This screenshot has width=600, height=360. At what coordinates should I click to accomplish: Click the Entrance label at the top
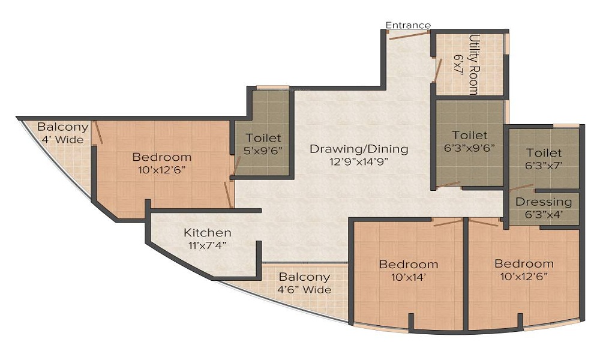(x=408, y=25)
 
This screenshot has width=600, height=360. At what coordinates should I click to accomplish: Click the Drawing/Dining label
(x=359, y=148)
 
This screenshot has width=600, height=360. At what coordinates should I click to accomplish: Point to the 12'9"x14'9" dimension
(x=359, y=161)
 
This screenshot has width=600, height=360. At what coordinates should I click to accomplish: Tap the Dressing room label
(x=544, y=202)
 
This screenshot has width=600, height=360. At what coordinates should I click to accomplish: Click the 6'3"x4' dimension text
(x=544, y=215)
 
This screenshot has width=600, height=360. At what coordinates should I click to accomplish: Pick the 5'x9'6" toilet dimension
(x=263, y=151)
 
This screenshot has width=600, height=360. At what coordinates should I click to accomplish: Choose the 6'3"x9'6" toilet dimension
(x=470, y=148)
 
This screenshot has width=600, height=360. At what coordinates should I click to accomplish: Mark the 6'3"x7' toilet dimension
(x=544, y=165)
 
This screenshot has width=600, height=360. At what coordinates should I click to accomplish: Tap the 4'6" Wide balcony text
(x=305, y=290)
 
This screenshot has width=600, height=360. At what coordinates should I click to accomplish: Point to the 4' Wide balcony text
(x=62, y=140)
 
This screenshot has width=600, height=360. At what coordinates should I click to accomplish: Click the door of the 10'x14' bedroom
(x=448, y=223)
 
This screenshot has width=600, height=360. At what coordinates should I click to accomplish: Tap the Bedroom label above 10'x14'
(x=409, y=265)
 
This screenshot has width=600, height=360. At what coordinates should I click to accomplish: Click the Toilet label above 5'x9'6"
(x=263, y=138)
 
